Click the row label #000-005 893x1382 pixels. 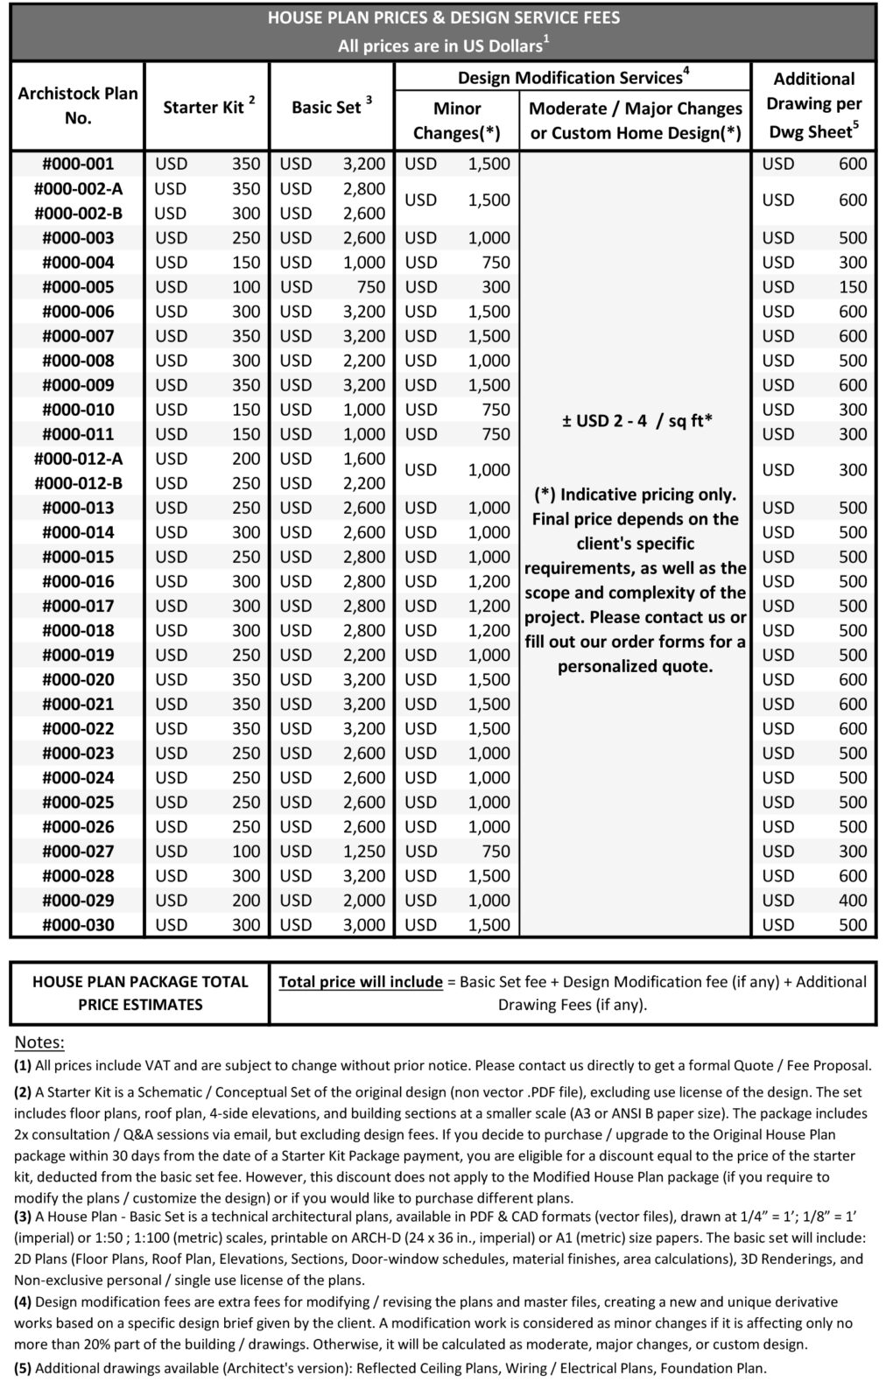pos(78,287)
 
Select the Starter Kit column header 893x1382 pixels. pos(208,108)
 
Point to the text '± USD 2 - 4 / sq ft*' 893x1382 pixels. pos(636,421)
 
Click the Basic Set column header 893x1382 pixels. pos(332,108)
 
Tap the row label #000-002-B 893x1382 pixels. pos(78,214)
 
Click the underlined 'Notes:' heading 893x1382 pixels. pos(39,1042)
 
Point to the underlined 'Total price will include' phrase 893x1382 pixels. pos(361,982)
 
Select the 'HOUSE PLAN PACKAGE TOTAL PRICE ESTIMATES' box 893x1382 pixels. pos(140,993)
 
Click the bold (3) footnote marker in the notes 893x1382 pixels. pos(24,1217)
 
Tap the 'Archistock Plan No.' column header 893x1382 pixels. pos(78,106)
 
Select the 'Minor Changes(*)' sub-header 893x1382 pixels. pos(456,121)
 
